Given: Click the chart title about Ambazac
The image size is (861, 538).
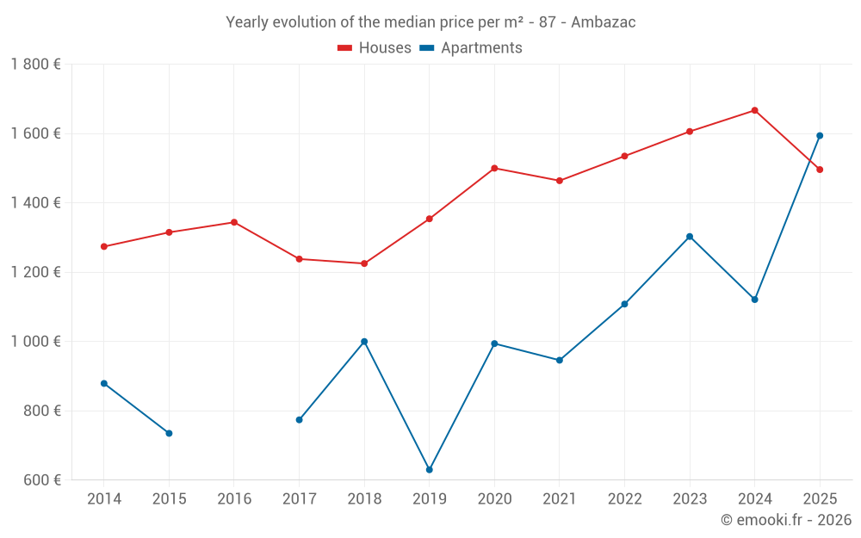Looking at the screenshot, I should (430, 22).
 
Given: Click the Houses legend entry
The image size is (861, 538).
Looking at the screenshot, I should (375, 48).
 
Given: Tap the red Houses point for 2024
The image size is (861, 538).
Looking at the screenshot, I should (754, 110).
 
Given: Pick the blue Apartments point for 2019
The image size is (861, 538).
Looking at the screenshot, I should (429, 469).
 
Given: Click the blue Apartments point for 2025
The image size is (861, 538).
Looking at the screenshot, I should (820, 135).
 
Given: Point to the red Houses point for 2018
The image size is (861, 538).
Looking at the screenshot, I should (364, 263).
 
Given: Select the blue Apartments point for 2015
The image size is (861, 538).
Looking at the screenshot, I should (169, 433).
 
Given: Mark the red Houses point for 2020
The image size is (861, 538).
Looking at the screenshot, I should (494, 168).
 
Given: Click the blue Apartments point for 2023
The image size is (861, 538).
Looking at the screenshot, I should (690, 237).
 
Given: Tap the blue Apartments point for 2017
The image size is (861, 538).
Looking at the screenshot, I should (299, 420).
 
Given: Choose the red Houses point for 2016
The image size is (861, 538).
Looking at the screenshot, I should (234, 222).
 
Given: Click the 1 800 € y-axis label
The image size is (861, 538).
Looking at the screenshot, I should (35, 65).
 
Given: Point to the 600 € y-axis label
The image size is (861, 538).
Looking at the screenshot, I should (40, 480).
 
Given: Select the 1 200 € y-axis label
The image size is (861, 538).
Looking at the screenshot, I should (35, 272).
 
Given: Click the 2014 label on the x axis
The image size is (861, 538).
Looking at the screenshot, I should (104, 499).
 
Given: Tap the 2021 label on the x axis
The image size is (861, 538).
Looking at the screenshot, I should (560, 499).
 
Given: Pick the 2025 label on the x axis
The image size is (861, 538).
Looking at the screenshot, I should (820, 499).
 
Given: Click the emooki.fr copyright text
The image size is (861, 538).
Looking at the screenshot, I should (785, 520).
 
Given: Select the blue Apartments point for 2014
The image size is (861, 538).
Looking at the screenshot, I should (104, 383).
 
